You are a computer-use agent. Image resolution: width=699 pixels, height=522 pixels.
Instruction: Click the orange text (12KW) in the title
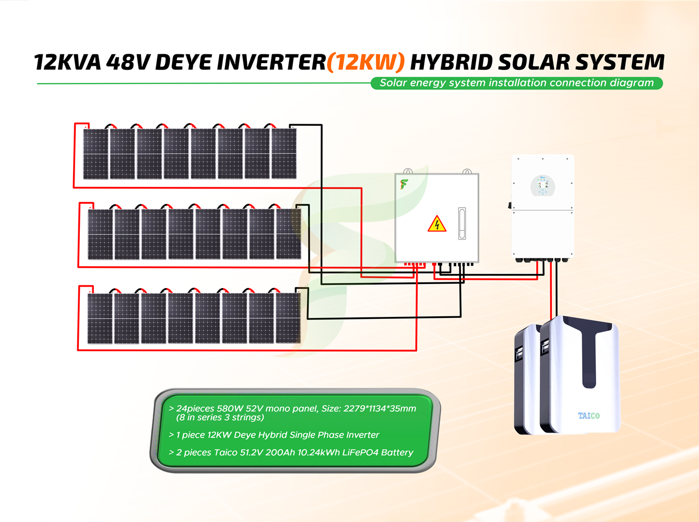[x=365, y=62]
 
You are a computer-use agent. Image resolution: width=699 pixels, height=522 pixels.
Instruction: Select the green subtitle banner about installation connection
[x=516, y=83]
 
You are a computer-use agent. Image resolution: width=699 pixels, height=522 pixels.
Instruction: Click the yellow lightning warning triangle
[x=436, y=224]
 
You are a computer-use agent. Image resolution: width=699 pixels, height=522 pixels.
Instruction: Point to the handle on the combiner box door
[x=461, y=223]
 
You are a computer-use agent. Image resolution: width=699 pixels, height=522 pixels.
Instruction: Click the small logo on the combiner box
[x=404, y=184]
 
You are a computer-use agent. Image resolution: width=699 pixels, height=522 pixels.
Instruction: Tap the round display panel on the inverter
[x=542, y=186]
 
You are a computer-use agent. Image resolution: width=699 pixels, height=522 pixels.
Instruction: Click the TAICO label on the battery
[x=588, y=416]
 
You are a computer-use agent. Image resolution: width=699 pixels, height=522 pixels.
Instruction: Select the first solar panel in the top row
[x=96, y=154]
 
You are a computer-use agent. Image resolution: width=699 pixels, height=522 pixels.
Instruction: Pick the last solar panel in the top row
[x=284, y=154]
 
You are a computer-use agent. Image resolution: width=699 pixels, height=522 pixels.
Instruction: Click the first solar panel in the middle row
[x=100, y=234]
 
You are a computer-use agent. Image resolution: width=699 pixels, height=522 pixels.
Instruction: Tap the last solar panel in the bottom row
[x=288, y=318]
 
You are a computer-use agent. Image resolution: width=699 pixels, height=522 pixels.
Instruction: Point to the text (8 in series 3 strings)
[x=220, y=418]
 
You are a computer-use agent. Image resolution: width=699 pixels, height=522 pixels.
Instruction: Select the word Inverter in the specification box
[x=362, y=435]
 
